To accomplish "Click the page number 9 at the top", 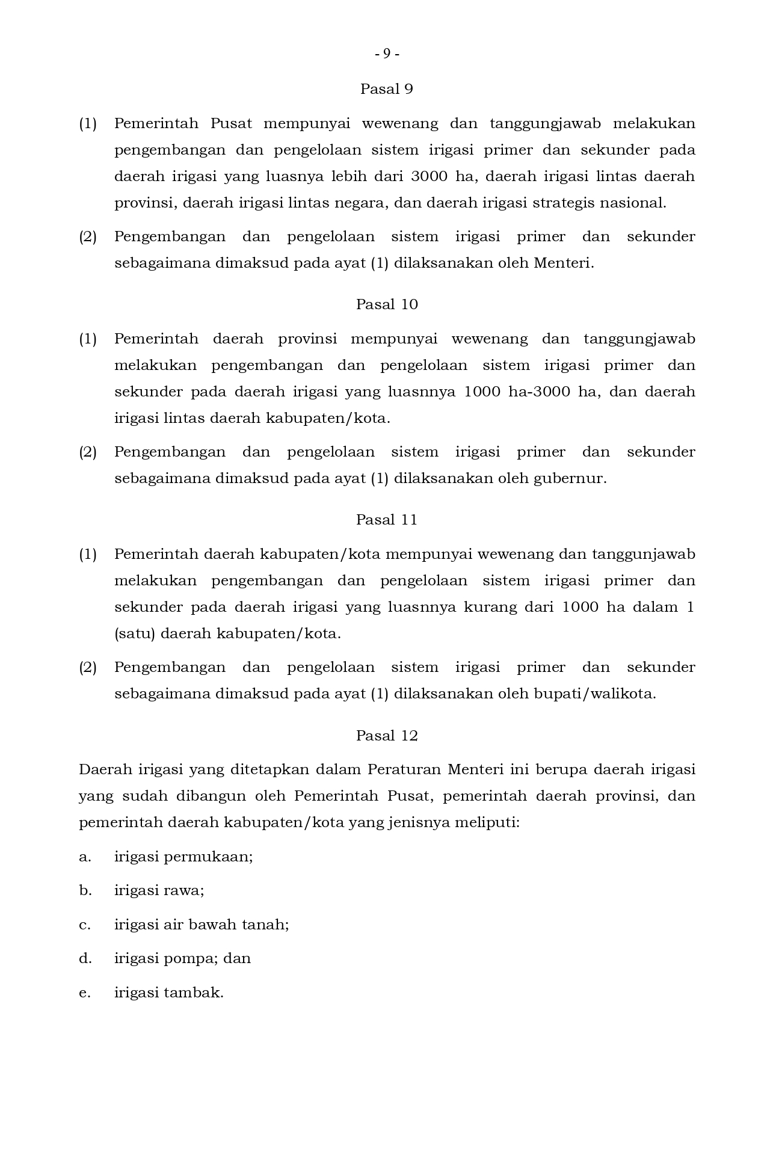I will click(x=387, y=54).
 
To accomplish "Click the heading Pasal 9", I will click(x=386, y=89).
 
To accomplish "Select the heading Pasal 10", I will click(x=386, y=304).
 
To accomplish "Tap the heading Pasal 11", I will click(x=386, y=520).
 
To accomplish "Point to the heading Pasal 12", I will click(x=386, y=736).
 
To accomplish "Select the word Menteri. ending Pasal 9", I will click(x=564, y=263).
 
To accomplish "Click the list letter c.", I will click(x=85, y=925).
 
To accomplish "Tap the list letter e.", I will click(x=85, y=993).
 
